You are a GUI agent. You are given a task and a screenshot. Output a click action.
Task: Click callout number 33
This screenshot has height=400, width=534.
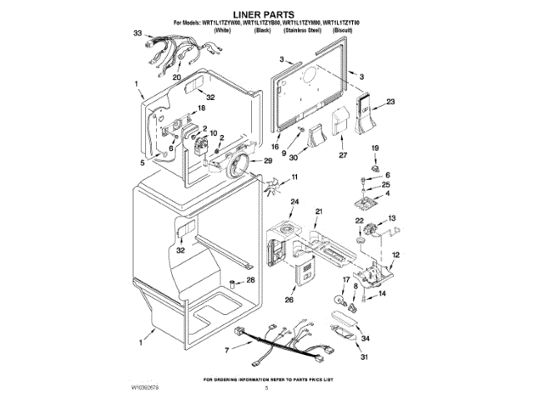click(138, 34)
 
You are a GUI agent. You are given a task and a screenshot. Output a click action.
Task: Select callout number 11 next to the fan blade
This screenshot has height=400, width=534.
click(295, 177)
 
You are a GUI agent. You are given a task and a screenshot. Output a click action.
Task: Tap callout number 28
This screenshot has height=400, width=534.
click(251, 281)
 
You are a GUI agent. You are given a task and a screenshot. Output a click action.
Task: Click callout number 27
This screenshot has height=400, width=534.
click(342, 154)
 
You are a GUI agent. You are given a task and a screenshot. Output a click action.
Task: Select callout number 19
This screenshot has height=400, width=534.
click(374, 147)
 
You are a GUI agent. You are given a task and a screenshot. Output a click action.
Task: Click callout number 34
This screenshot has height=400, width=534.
click(365, 338)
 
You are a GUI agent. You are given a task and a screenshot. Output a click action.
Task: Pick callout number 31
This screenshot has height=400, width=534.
click(364, 358)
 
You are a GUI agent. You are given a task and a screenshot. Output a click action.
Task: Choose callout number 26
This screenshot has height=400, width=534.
click(290, 300)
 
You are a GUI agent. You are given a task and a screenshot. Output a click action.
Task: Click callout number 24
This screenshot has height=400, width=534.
click(295, 202)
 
